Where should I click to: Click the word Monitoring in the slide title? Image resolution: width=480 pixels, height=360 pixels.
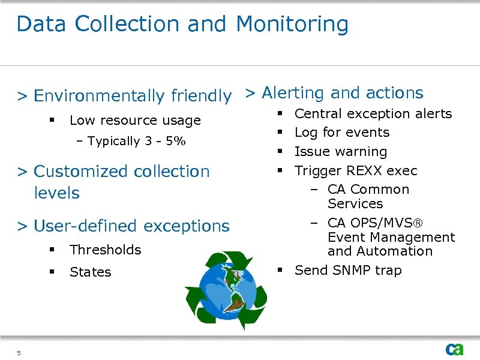[292, 24]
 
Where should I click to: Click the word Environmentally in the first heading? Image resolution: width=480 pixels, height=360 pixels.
[100, 96]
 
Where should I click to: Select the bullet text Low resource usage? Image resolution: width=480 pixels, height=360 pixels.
[135, 121]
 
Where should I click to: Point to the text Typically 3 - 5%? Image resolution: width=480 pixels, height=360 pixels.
[136, 142]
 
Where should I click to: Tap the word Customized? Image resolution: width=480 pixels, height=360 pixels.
[82, 172]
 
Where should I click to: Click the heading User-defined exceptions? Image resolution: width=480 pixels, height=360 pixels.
[131, 226]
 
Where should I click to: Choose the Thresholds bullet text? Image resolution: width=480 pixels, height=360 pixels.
[105, 250]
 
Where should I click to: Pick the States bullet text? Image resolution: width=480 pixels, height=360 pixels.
[91, 272]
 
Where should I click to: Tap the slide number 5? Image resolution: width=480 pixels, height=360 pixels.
[19, 353]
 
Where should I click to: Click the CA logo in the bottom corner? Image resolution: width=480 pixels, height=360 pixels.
[454, 349]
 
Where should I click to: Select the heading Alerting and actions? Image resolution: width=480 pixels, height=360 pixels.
[343, 93]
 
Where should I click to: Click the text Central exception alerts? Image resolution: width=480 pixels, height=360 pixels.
[373, 114]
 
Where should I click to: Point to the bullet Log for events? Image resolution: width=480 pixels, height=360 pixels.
[342, 133]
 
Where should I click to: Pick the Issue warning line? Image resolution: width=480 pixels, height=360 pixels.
[341, 152]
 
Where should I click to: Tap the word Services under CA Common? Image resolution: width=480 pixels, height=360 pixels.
[355, 204]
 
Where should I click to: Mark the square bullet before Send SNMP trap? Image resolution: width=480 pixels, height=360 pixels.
[280, 271]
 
